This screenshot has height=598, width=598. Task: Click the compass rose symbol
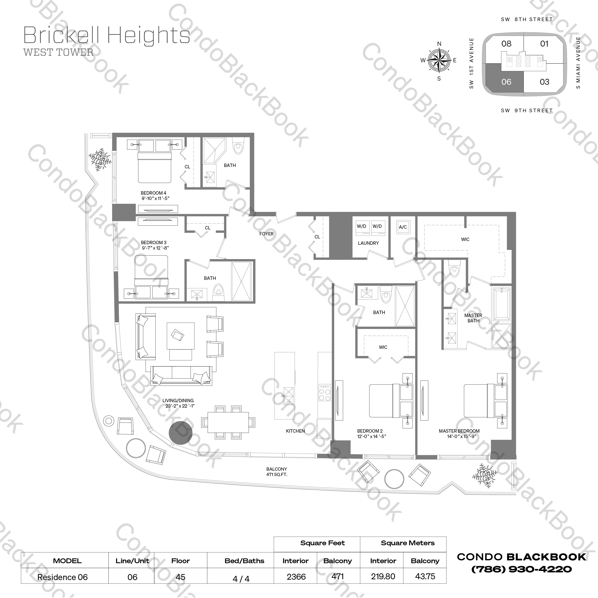tap(439, 60)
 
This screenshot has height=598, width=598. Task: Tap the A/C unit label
tap(403, 227)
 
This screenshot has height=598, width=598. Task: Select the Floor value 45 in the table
tap(181, 577)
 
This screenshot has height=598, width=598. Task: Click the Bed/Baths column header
tap(244, 561)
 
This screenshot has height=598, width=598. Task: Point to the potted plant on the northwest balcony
tap(100, 159)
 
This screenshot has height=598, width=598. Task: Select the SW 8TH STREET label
tap(526, 19)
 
